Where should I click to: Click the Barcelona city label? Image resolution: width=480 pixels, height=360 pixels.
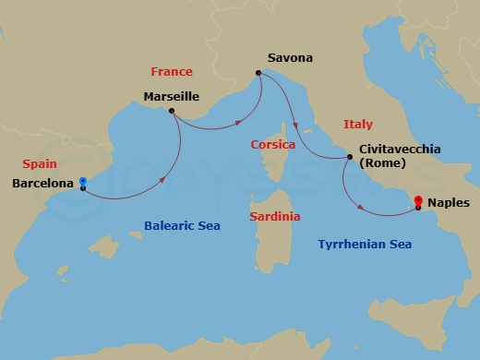coord(43,183)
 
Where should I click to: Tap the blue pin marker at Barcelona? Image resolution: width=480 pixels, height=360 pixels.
coord(83,182)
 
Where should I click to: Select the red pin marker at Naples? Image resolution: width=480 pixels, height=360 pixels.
coord(418,200)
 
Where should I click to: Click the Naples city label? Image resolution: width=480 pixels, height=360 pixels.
coord(450,202)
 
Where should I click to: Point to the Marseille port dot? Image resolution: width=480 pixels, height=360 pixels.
coord(171,111)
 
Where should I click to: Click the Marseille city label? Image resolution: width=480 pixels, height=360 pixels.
coord(172,95)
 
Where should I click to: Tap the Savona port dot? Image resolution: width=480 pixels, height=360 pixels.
coord(259,72)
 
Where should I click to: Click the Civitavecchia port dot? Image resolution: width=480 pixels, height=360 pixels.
coord(348,157)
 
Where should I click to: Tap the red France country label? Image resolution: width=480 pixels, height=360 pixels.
coord(171,71)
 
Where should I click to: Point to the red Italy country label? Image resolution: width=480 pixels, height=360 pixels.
coord(357,123)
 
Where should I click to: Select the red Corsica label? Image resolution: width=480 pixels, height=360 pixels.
coord(272,145)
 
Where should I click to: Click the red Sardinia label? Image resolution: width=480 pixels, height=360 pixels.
coord(275,216)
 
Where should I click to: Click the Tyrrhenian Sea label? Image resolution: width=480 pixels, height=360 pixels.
coord(365,244)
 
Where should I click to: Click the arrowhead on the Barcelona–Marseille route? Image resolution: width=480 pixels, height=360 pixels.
coord(163,178)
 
